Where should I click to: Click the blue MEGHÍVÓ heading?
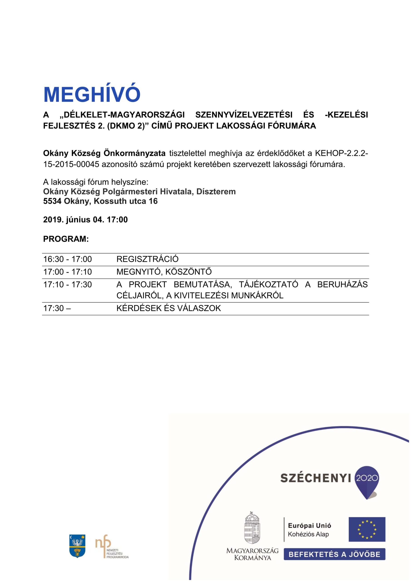92,94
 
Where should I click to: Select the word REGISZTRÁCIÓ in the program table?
147,259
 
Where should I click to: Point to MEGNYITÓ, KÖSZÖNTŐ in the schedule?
164,272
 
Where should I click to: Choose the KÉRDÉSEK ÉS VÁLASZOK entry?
169,308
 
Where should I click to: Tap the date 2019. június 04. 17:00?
85,220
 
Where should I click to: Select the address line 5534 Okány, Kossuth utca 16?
100,201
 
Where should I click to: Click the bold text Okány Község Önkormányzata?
104,153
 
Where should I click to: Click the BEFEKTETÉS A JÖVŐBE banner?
334,554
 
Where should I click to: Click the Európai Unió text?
309,526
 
